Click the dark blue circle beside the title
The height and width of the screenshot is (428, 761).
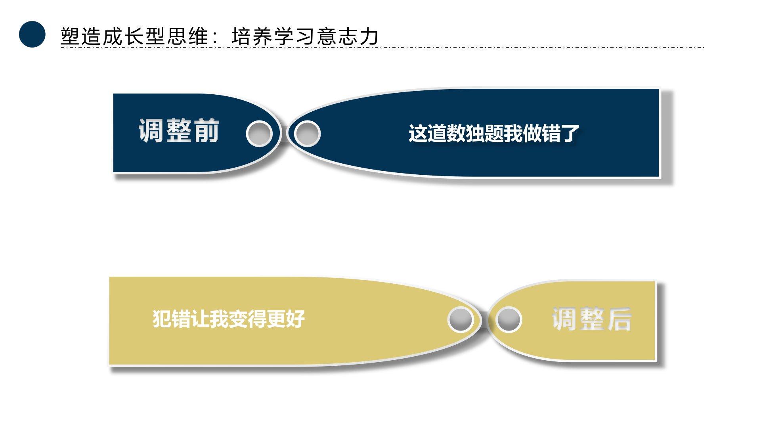tap(32, 34)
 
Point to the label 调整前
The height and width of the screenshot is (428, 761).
tap(178, 131)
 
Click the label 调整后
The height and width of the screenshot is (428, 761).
tap(591, 319)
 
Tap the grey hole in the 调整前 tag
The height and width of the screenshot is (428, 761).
tap(259, 133)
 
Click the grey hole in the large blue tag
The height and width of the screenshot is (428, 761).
tap(307, 133)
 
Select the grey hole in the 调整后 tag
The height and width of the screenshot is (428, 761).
tap(508, 319)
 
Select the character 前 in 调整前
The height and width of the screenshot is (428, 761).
tap(206, 131)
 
